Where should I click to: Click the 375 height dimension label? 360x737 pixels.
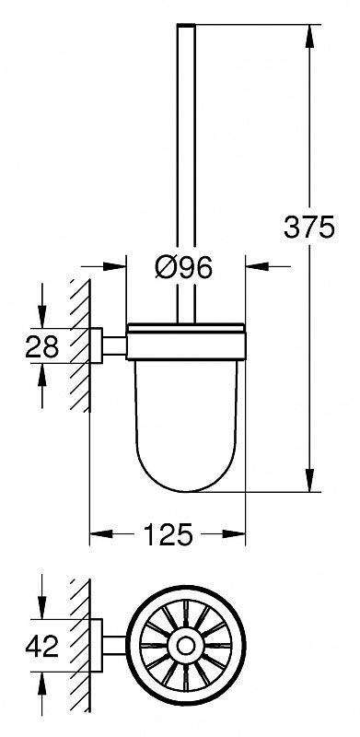(x=308, y=228)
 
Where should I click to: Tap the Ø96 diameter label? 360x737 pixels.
(x=184, y=268)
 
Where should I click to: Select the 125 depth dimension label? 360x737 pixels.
(x=168, y=534)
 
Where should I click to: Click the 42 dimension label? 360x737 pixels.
(x=41, y=647)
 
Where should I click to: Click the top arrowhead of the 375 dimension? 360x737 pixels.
(x=308, y=36)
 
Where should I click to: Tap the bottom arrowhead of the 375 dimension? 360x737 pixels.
(x=308, y=480)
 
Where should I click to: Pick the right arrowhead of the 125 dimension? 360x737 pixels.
(x=234, y=534)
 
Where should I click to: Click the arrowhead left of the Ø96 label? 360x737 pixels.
(x=115, y=266)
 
